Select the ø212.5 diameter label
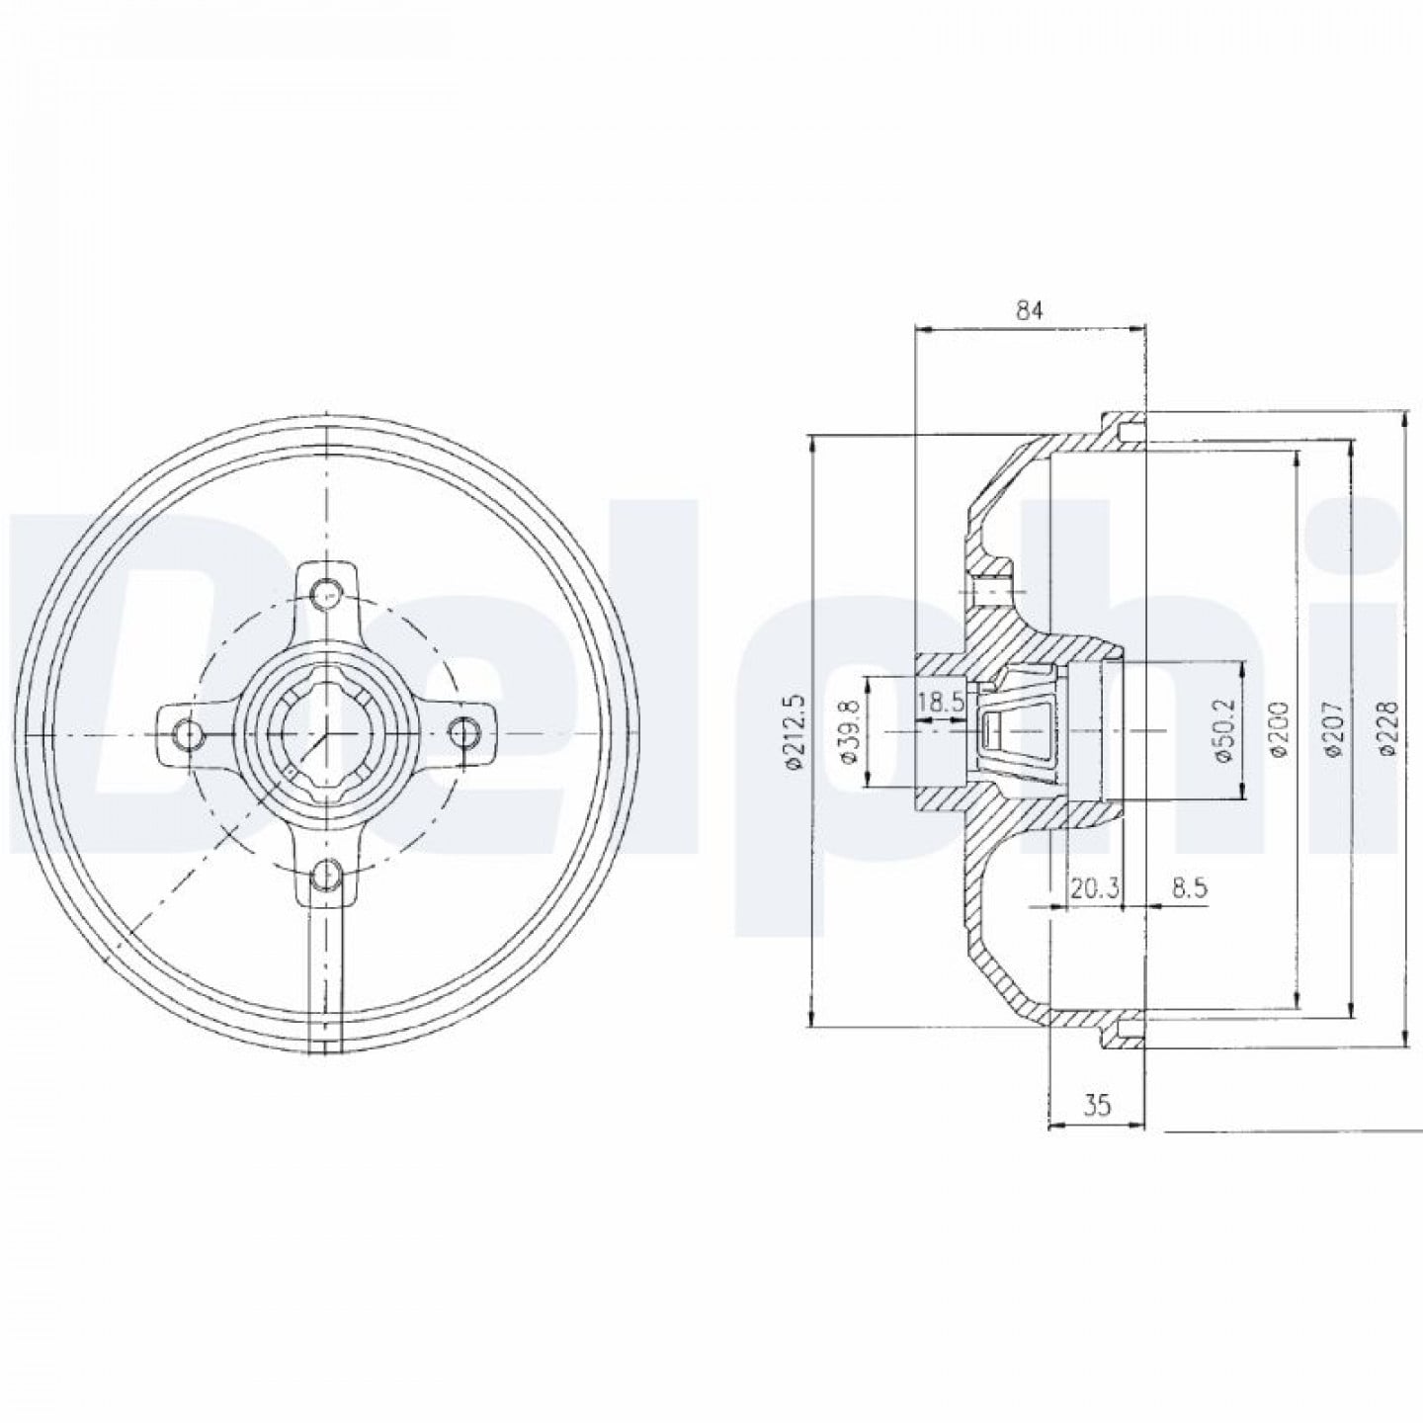click(795, 732)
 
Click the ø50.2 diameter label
click(1219, 732)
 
